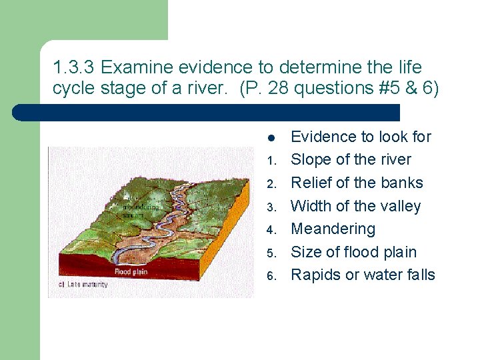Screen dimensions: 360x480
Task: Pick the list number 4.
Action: pos(271,231)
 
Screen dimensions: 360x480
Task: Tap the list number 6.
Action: pos(271,277)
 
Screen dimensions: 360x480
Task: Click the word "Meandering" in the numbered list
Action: pos(333,229)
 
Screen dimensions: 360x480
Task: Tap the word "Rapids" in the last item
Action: pos(316,275)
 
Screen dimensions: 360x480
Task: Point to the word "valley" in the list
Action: pos(398,206)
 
